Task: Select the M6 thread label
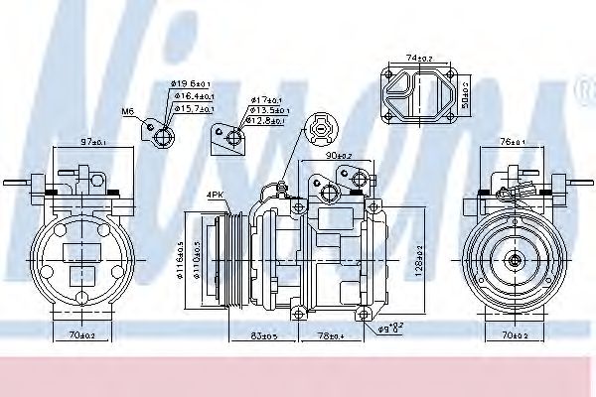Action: click(x=127, y=111)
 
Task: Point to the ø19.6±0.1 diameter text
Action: click(x=188, y=83)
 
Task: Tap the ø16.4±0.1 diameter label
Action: click(x=191, y=95)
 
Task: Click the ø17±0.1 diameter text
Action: click(x=267, y=99)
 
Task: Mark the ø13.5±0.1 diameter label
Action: click(x=270, y=110)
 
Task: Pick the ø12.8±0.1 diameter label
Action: click(x=269, y=121)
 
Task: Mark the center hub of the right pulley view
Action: click(x=516, y=259)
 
